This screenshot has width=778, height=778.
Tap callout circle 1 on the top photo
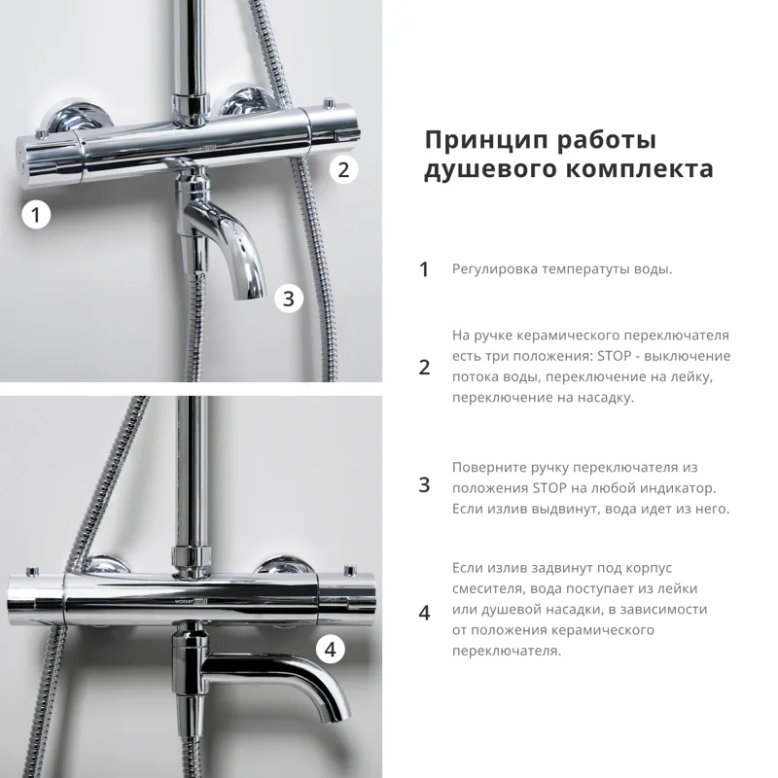(36, 215)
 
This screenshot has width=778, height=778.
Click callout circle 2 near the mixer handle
(341, 169)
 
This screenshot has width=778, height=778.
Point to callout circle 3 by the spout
(288, 298)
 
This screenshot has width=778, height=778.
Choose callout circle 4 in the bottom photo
(330, 648)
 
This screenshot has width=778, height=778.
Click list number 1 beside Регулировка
(424, 269)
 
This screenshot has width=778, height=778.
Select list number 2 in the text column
(424, 367)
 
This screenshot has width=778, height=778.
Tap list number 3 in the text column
(424, 485)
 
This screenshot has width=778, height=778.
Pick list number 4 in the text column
(424, 613)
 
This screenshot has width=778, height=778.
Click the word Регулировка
(496, 268)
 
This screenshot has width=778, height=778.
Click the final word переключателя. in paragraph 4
(506, 651)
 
